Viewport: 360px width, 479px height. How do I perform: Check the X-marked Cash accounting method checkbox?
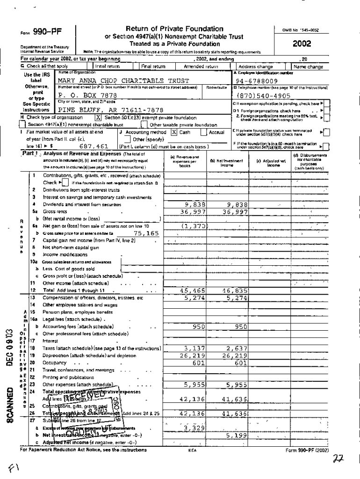pyautogui.click(x=174, y=132)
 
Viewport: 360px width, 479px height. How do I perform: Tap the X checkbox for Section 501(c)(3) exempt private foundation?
pyautogui.click(x=98, y=117)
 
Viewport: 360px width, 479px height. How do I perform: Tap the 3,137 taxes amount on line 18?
pyautogui.click(x=194, y=348)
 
